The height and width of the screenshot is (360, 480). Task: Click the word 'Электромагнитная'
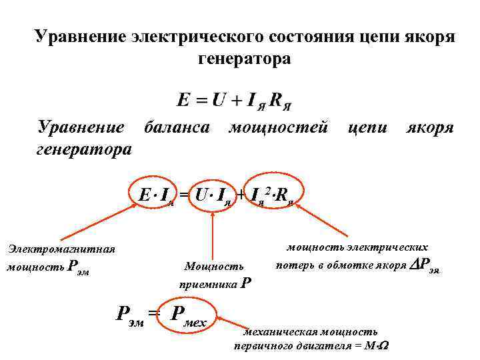tap(61, 249)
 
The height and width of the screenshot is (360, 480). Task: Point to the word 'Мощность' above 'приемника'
tap(214, 267)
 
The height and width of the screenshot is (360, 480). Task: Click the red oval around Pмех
tap(191, 315)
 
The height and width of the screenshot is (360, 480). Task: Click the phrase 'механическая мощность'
tap(309, 331)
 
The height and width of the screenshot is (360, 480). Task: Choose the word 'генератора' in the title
tap(244, 59)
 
